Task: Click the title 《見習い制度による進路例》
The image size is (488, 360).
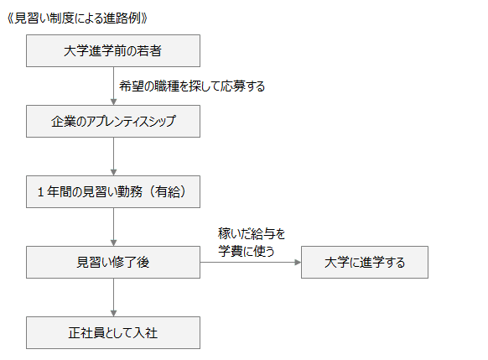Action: tap(77, 18)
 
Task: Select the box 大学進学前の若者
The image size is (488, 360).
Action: tap(113, 50)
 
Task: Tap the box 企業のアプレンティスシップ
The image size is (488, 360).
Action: tap(113, 121)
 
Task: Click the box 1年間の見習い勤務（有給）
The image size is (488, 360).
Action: tap(113, 192)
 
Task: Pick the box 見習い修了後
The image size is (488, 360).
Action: tap(113, 262)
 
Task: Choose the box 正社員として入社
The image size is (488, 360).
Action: tap(113, 332)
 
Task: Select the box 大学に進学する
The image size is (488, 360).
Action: tap(365, 262)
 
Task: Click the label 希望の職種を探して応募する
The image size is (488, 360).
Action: tap(192, 86)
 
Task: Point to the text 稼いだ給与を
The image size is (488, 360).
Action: tap(252, 234)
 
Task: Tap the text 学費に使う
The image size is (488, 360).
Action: tap(247, 251)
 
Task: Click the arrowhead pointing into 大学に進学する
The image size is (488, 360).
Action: tap(298, 262)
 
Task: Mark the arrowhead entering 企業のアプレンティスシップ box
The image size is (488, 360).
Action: tap(113, 102)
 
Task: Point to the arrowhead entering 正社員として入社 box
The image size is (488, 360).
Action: tap(113, 314)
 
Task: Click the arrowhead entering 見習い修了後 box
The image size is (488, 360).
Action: tap(113, 243)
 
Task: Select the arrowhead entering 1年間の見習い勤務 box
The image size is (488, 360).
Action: tap(113, 173)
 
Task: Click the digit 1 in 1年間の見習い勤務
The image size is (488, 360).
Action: tap(40, 192)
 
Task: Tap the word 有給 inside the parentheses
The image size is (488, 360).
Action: tap(168, 192)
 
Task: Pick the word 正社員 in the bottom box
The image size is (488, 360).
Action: tap(87, 333)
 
